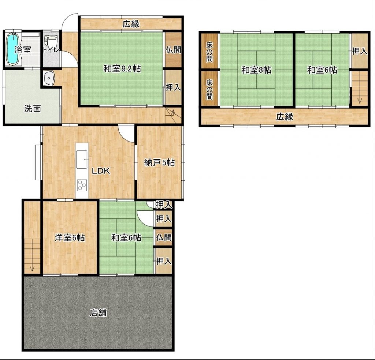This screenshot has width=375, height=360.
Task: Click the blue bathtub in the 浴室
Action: (x=12, y=49)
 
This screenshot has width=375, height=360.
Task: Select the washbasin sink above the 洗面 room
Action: (x=49, y=78)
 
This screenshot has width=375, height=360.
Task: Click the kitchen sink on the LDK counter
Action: (x=82, y=160)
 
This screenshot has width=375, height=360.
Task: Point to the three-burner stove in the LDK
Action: (x=82, y=185)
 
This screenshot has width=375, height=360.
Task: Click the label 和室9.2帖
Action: (x=122, y=69)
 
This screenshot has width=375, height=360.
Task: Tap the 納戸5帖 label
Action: (x=160, y=163)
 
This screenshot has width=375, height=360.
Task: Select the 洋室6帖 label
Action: (x=70, y=238)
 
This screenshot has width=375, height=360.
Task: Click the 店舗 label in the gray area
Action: (x=98, y=313)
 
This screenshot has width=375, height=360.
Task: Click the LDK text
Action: (x=101, y=171)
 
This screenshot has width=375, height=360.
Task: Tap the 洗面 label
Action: (x=33, y=109)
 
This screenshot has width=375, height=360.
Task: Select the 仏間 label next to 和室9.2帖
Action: (x=173, y=50)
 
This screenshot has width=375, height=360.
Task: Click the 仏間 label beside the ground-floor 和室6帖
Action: (x=164, y=237)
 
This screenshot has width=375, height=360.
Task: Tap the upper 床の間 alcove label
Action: (x=209, y=52)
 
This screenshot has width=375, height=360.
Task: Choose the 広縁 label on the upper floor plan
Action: (x=285, y=117)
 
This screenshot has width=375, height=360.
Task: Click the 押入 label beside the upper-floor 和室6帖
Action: (x=360, y=51)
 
